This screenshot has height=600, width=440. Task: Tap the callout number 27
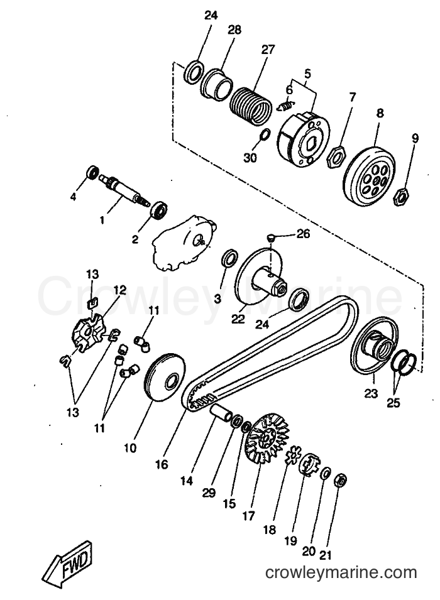click(x=268, y=50)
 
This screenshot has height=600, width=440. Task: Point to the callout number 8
click(x=380, y=113)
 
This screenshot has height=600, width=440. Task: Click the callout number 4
click(x=73, y=197)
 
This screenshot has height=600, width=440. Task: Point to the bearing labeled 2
click(x=158, y=210)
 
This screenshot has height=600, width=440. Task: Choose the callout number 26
click(x=304, y=234)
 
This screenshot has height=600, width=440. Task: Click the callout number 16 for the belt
click(x=162, y=464)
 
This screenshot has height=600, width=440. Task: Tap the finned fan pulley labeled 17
click(x=267, y=438)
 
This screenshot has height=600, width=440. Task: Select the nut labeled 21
click(x=341, y=480)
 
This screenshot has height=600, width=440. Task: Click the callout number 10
click(x=130, y=447)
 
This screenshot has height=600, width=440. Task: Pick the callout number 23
click(x=371, y=393)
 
